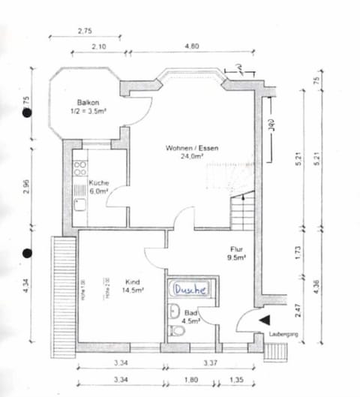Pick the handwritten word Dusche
[191, 288]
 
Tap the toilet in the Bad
[176, 330]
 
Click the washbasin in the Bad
[174, 311]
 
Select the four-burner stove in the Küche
[79, 169]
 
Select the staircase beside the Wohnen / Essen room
[241, 212]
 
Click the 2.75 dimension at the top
[84, 31]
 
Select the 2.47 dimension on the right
[298, 308]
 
